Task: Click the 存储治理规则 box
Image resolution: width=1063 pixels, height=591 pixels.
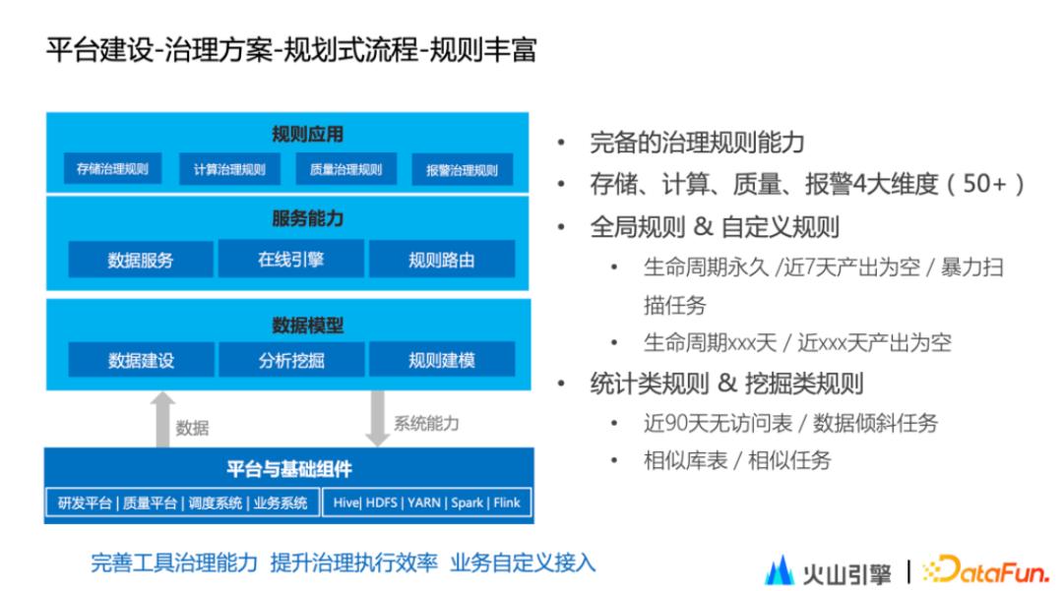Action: [x=112, y=168]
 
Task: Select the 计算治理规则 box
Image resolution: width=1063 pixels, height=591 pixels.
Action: [x=228, y=168]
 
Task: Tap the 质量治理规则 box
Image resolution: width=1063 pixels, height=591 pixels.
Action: [x=345, y=168]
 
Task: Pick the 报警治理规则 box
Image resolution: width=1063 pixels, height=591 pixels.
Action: [x=462, y=169]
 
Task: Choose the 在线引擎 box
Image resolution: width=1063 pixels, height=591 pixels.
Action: [x=291, y=260]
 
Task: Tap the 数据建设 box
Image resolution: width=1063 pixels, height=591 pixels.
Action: [x=141, y=360]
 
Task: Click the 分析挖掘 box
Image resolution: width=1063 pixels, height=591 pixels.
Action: [x=291, y=360]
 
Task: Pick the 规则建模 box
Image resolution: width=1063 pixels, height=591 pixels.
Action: [x=441, y=360]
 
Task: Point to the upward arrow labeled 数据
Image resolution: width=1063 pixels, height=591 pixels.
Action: [x=163, y=418]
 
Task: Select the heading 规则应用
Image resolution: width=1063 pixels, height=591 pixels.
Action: [x=307, y=135]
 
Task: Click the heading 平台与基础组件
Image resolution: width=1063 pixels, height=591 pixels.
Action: [x=288, y=469]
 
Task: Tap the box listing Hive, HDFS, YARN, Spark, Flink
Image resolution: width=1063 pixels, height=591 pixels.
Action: [x=427, y=502]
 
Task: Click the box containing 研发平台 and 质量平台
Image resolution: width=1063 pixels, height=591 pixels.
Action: [x=183, y=502]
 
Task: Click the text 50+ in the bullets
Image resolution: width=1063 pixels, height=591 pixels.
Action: [x=985, y=184]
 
